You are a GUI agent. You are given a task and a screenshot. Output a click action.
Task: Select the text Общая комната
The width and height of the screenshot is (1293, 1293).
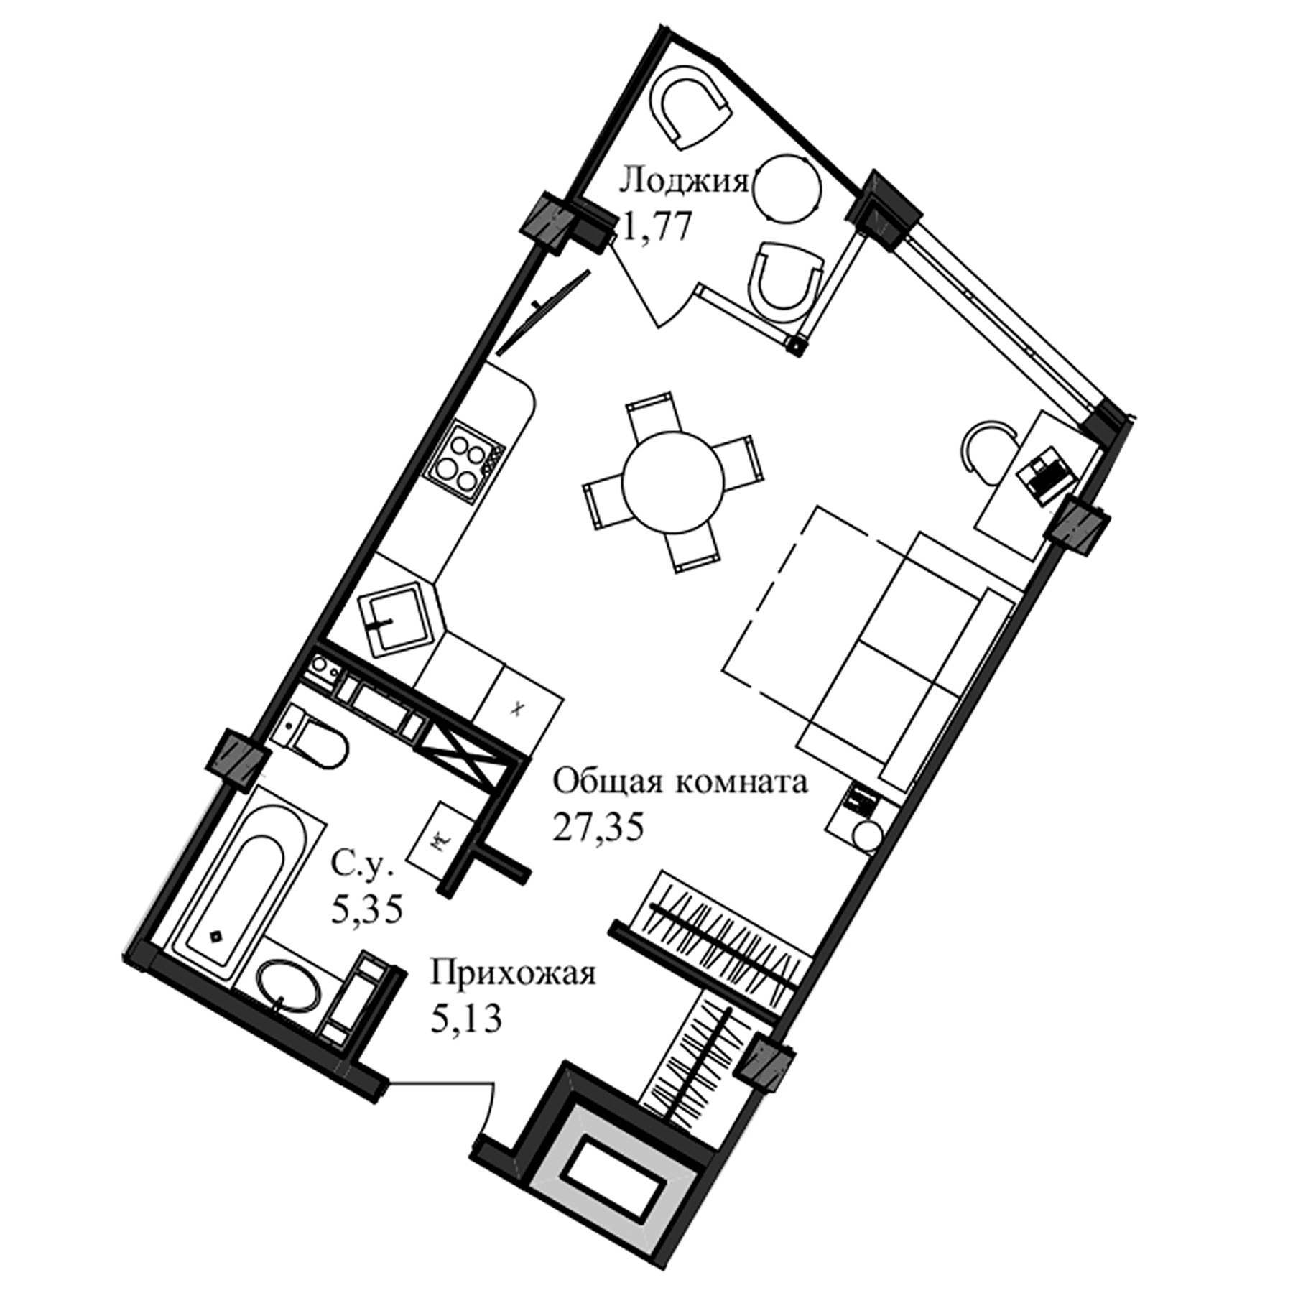click(680, 782)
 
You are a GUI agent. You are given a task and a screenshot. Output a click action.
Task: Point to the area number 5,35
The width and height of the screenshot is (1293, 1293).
click(366, 911)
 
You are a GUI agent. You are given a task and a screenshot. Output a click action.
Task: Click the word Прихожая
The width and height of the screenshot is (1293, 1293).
click(513, 975)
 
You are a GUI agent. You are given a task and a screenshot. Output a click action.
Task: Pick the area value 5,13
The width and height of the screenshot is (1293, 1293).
click(465, 1019)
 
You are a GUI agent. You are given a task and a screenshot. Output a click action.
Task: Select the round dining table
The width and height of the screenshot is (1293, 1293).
click(673, 481)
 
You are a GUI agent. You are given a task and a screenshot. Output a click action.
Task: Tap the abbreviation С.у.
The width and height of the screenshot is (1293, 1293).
click(363, 867)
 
